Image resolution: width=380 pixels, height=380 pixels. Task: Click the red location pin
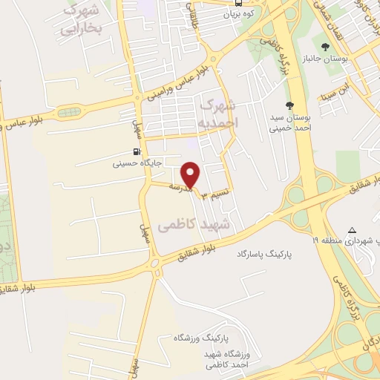point(191,174)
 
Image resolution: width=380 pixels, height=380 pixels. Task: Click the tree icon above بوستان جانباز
point(324,46)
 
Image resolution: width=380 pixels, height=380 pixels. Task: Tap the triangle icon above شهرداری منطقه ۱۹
point(352,229)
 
